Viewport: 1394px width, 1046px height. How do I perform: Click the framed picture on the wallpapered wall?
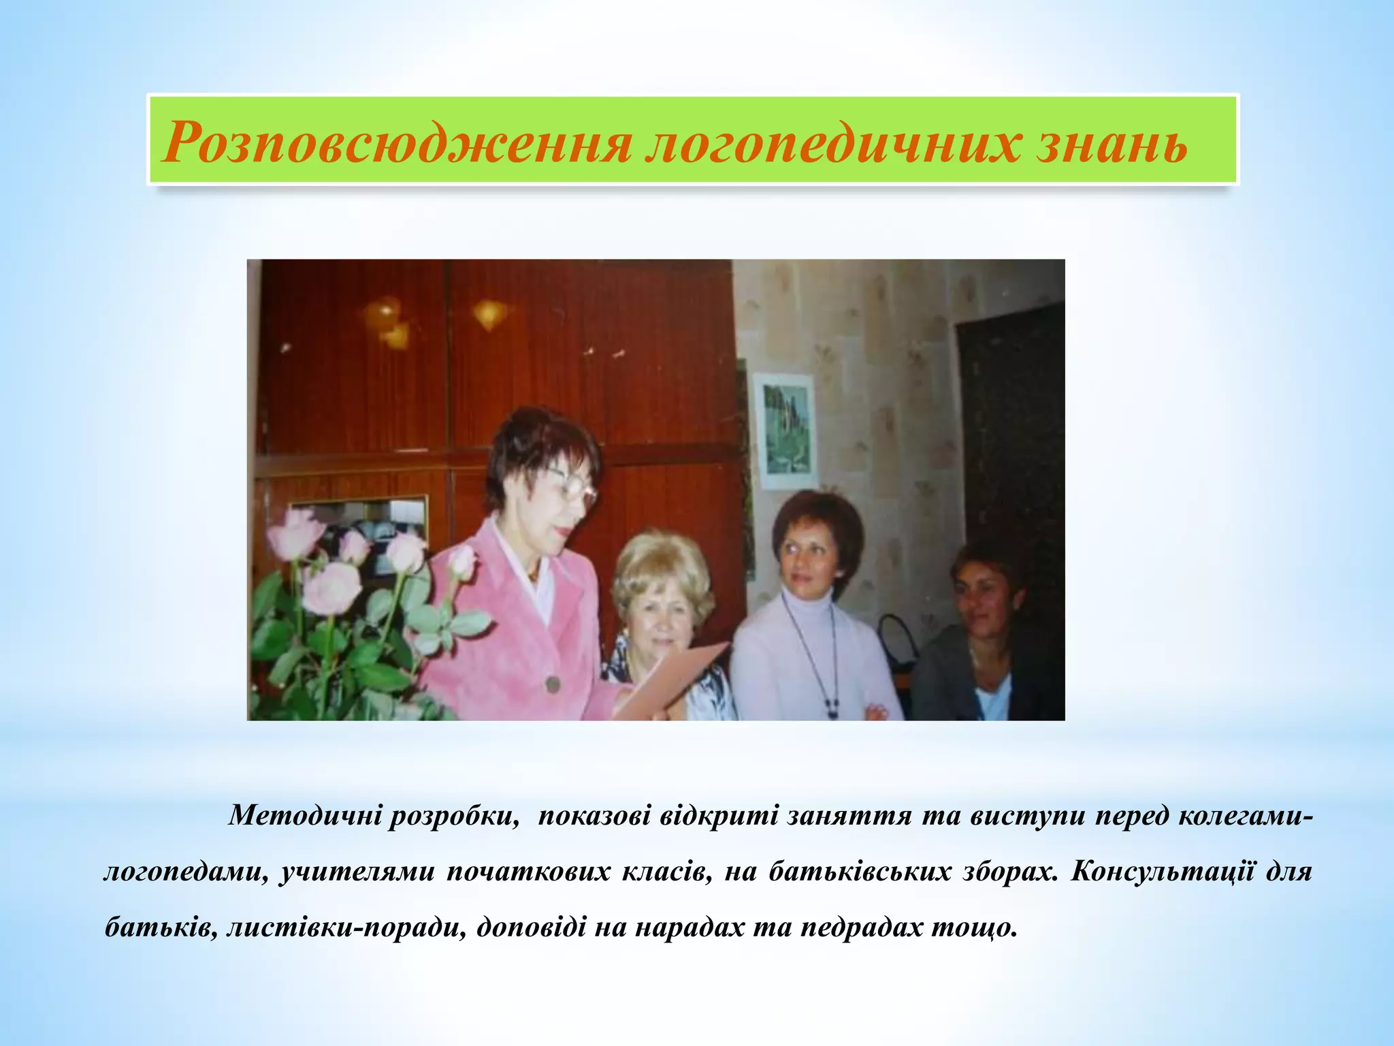pyautogui.click(x=785, y=430)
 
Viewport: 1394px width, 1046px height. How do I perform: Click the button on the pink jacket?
pyautogui.click(x=552, y=683)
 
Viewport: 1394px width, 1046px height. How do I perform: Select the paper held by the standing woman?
pyautogui.click(x=670, y=681)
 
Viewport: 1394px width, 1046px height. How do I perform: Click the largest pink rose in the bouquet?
pyautogui.click(x=331, y=587)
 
